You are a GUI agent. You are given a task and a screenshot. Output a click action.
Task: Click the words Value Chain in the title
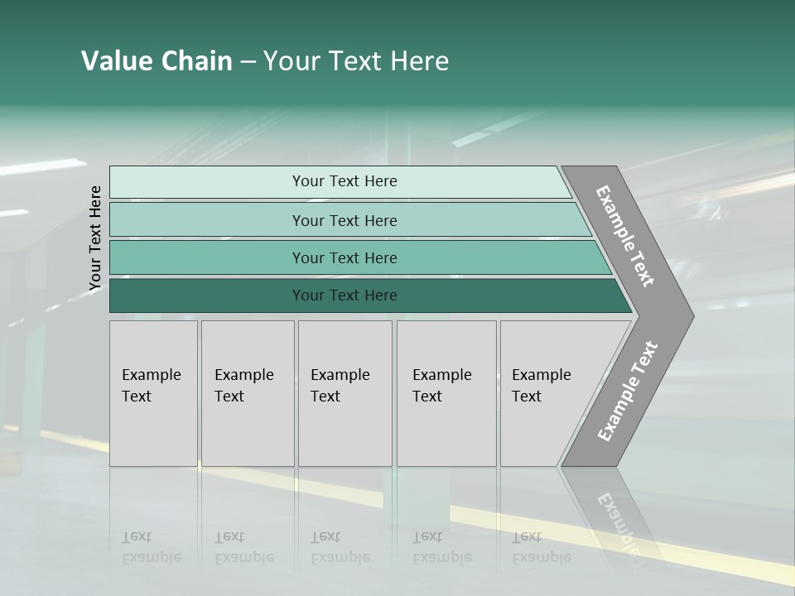[x=157, y=61]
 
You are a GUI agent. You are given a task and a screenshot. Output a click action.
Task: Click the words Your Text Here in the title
[x=356, y=61]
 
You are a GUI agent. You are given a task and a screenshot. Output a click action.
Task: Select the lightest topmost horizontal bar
[x=207, y=182]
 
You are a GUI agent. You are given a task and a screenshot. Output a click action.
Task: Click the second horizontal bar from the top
[x=207, y=220]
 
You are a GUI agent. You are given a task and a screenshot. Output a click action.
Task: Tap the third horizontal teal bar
[x=207, y=257]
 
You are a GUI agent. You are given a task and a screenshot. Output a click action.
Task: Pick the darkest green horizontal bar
[x=207, y=296]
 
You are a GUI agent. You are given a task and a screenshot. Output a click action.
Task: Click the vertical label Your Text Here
[x=95, y=238]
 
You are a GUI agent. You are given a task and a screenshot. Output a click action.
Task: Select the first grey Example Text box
[x=153, y=393]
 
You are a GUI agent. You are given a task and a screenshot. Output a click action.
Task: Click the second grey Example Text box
[x=248, y=393]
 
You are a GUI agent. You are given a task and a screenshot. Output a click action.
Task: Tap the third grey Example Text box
[x=344, y=393]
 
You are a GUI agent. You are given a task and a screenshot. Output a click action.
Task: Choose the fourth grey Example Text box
[x=446, y=393]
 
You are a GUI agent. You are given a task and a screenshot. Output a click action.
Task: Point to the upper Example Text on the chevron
[x=625, y=236]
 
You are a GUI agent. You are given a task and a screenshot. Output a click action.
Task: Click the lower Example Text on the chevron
[x=627, y=391]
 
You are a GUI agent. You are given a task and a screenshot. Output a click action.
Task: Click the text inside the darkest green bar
[x=344, y=296]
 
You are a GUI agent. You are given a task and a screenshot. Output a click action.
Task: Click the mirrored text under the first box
[x=152, y=547]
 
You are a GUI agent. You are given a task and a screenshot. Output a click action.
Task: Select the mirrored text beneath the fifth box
[x=541, y=547]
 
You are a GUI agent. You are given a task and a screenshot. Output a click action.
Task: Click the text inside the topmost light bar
[x=344, y=181]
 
